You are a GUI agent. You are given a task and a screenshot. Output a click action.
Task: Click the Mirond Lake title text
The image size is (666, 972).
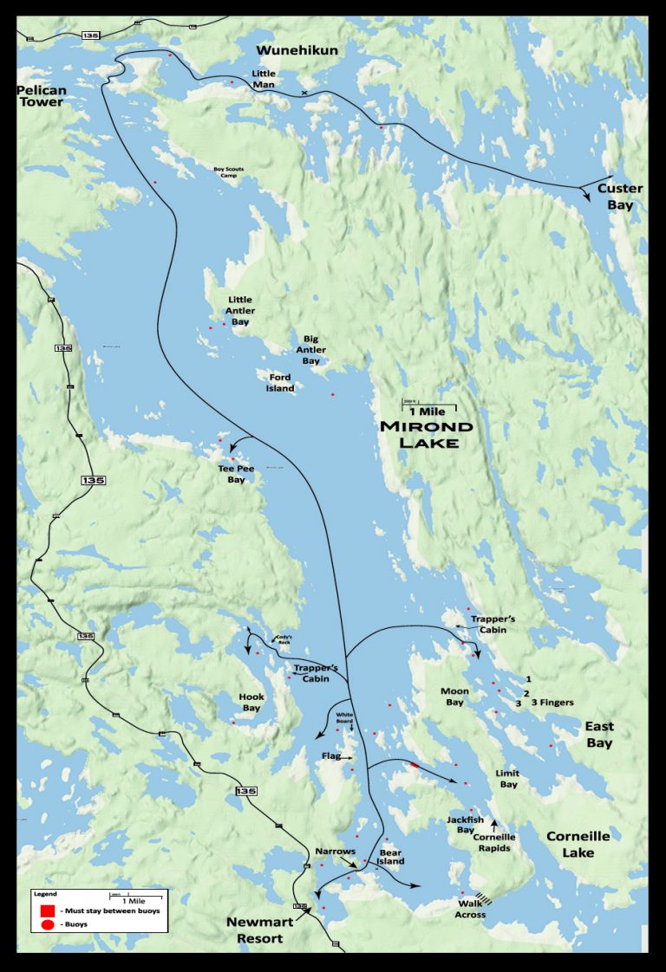click(x=428, y=434)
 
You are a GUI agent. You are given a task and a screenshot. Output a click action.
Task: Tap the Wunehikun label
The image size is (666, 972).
click(x=297, y=50)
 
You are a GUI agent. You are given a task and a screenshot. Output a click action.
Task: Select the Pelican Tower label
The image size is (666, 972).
click(x=42, y=95)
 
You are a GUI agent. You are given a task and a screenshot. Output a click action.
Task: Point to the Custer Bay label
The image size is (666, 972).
click(x=620, y=197)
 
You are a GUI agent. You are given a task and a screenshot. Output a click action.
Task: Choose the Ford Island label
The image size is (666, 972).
click(x=280, y=383)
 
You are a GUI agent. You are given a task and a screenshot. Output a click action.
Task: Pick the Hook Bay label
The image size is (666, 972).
click(x=251, y=702)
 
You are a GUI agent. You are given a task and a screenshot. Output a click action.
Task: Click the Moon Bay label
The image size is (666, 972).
click(x=454, y=697)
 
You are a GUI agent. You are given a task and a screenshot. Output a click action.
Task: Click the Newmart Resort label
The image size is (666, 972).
click(x=259, y=929)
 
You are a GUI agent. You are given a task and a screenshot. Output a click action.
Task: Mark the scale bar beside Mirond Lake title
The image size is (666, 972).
click(x=428, y=405)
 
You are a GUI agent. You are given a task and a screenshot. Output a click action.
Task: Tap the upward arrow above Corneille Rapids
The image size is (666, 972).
click(x=494, y=823)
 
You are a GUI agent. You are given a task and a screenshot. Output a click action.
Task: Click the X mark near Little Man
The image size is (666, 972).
click(x=304, y=92)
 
